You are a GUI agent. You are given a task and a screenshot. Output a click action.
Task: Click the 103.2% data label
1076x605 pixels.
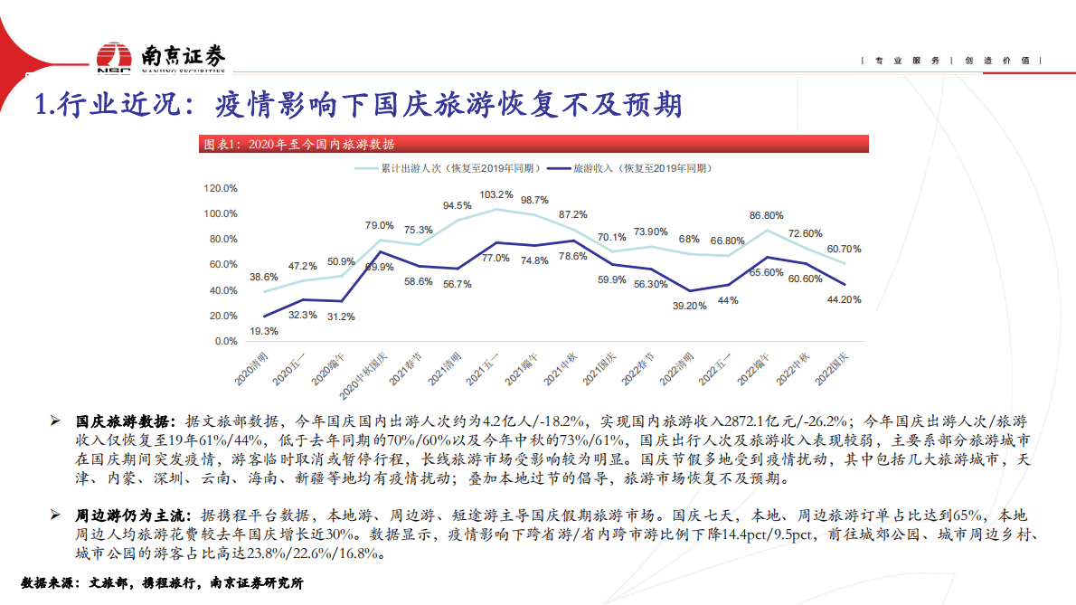pos(496,194)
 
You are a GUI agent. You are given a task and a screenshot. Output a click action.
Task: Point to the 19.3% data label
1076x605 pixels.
pos(264,332)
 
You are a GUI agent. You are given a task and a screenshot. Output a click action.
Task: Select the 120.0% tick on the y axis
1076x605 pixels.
pos(221,189)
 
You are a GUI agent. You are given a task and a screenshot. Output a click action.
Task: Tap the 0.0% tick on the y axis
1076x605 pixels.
pos(224,342)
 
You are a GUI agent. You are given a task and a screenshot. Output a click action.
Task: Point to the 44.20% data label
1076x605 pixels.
pos(843,299)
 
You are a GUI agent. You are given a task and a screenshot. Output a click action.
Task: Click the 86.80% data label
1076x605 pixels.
pos(766,216)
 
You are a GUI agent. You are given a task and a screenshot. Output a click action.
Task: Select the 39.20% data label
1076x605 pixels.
pos(689,306)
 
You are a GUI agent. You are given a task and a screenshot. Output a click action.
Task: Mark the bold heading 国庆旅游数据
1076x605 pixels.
pos(121,421)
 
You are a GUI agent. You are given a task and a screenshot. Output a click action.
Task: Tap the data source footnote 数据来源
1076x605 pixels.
pos(161,584)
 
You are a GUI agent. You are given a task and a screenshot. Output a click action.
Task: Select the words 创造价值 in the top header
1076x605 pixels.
pos(997,61)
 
